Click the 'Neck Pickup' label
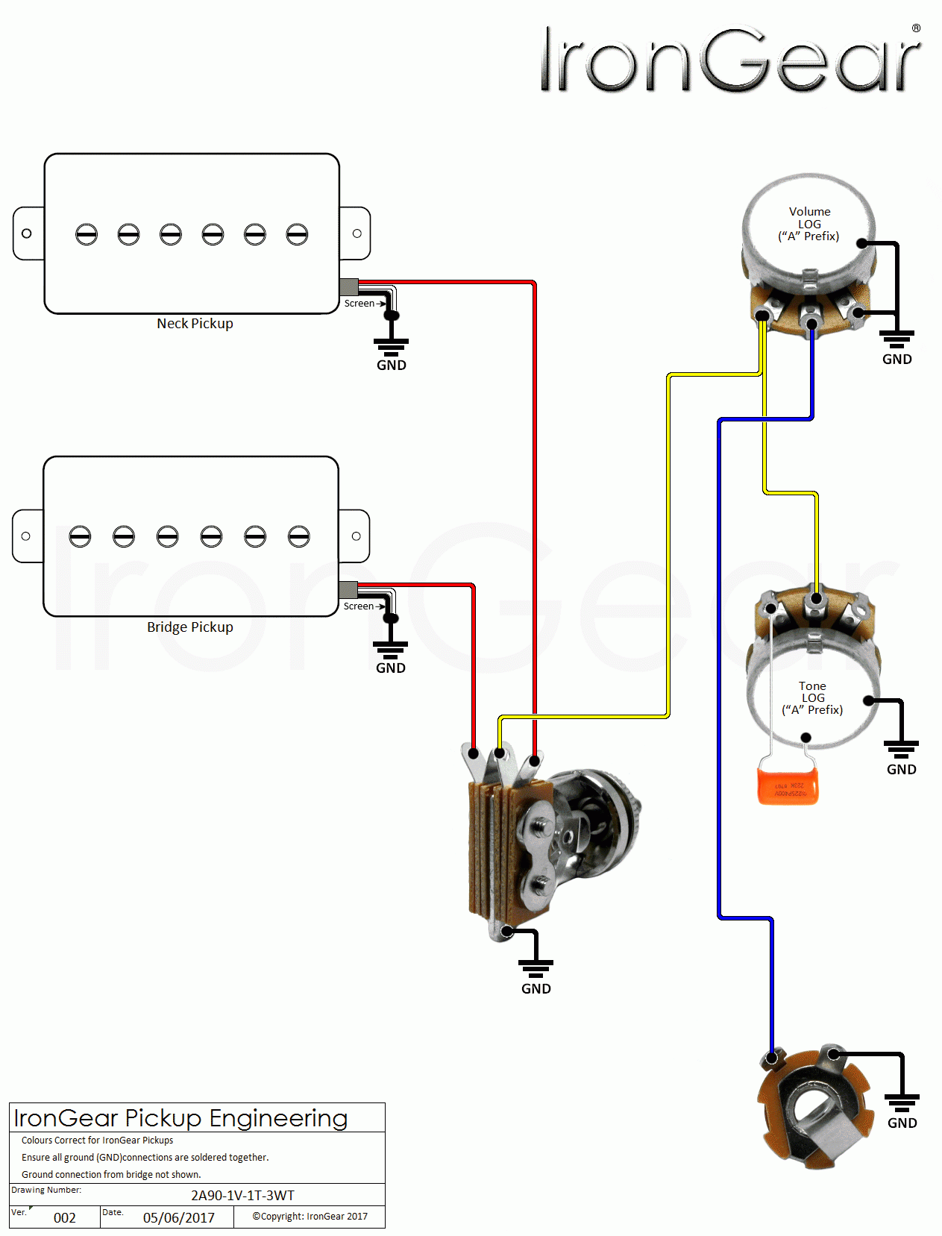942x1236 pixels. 195,324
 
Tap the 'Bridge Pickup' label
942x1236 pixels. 189,627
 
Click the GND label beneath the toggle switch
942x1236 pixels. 536,989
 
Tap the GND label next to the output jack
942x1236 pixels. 902,1123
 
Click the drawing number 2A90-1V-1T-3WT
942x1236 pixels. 242,1196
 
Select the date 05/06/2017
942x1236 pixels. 178,1218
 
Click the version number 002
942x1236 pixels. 65,1218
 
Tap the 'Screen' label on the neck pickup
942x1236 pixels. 359,304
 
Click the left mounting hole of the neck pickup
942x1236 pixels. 27,233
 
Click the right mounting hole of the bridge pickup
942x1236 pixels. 356,536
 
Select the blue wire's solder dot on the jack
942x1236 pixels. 773,1058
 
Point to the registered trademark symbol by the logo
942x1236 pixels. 916,28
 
